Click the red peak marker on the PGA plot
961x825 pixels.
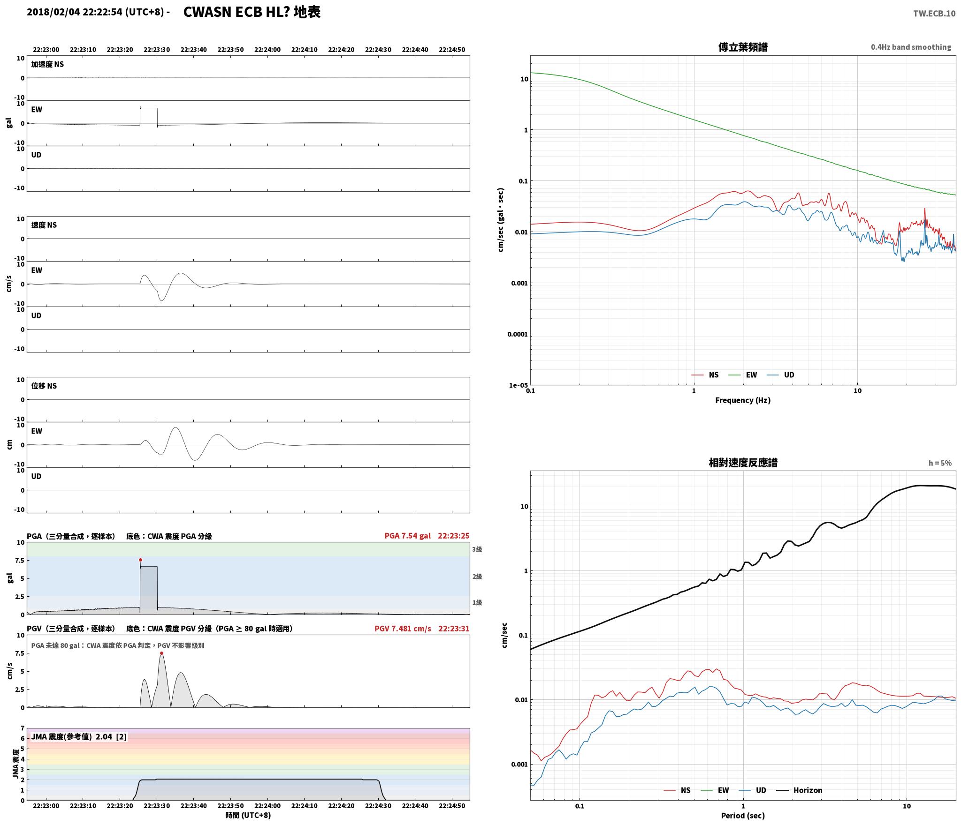click(140, 560)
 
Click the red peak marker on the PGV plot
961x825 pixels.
click(161, 653)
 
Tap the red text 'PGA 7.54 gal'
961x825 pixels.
click(407, 536)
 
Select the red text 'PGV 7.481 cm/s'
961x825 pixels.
click(403, 629)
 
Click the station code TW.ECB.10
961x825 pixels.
click(934, 13)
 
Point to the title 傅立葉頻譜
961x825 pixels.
click(743, 47)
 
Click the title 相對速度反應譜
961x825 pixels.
click(743, 463)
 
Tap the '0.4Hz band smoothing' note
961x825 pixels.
click(911, 47)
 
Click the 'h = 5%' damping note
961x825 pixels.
click(940, 463)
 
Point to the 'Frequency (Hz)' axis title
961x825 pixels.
click(743, 400)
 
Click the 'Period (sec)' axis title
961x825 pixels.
click(743, 816)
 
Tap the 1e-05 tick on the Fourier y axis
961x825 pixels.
click(519, 385)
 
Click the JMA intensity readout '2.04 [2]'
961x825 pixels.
click(111, 737)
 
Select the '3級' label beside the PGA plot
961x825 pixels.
click(477, 549)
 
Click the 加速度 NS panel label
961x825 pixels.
click(47, 64)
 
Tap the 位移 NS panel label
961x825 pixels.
click(44, 386)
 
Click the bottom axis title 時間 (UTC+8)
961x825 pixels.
click(248, 815)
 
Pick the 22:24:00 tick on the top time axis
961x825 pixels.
click(267, 50)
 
